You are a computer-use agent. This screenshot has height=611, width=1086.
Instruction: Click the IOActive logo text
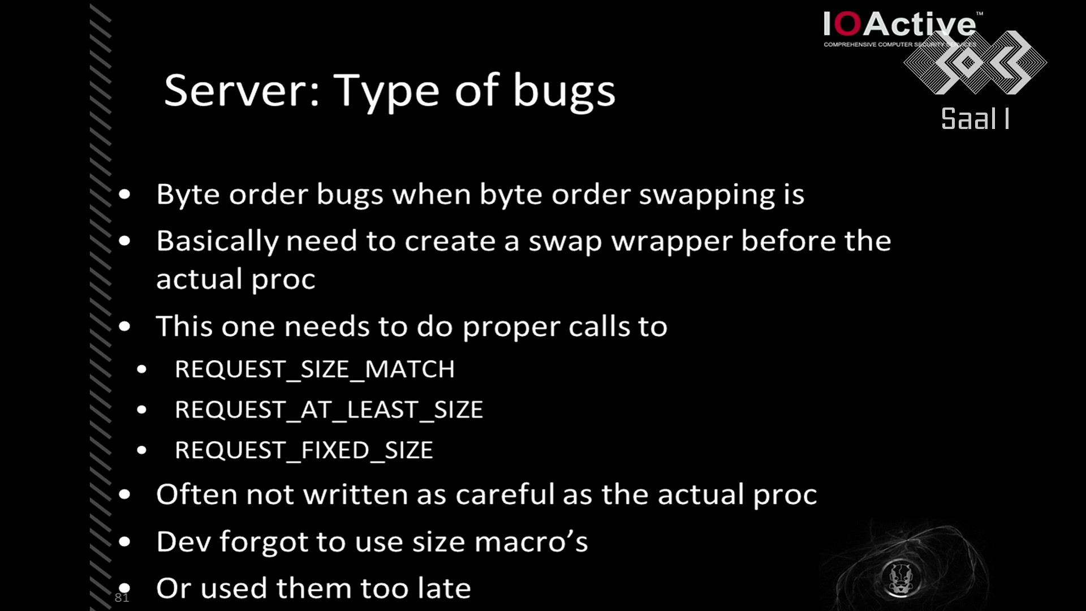click(899, 24)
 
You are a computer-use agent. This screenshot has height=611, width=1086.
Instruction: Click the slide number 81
click(122, 597)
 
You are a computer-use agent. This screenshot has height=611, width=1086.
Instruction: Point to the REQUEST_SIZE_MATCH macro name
click(314, 369)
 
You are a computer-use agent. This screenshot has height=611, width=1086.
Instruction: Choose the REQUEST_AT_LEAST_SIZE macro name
click(329, 410)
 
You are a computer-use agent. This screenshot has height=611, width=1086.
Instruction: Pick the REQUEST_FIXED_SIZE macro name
click(304, 450)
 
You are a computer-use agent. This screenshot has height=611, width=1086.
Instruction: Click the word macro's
click(531, 542)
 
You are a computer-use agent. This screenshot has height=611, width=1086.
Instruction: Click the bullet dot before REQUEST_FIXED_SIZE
click(141, 450)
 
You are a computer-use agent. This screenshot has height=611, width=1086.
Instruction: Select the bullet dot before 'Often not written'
click(124, 494)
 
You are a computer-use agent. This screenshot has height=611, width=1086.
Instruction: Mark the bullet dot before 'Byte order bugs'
click(124, 195)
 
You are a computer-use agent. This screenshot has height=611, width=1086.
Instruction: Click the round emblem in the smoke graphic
click(900, 578)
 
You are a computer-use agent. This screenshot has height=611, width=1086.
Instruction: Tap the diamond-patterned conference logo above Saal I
click(975, 62)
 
